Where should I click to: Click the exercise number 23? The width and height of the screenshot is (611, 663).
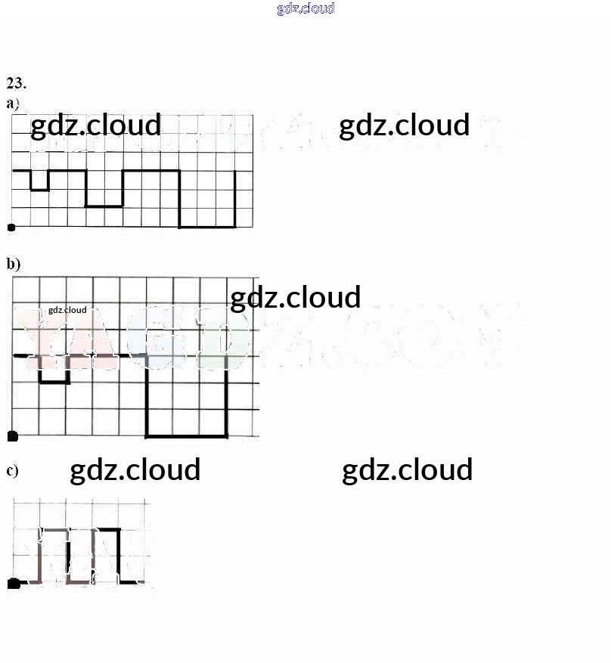(x=16, y=83)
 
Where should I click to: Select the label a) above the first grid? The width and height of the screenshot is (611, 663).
(x=13, y=103)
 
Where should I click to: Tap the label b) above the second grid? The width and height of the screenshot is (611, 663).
(x=13, y=264)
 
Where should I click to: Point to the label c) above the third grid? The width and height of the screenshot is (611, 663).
(x=12, y=471)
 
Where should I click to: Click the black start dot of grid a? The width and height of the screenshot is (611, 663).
(x=11, y=227)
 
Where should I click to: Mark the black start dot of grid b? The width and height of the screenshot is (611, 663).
(x=12, y=436)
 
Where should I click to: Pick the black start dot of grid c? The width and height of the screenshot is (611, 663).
(x=14, y=583)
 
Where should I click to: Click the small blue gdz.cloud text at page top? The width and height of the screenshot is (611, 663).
(x=305, y=8)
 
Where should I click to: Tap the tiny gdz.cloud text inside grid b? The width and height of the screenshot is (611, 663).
(x=67, y=310)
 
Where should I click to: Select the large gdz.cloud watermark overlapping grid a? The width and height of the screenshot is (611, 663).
(x=95, y=125)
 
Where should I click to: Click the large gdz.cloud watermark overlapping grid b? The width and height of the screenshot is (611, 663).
(x=295, y=298)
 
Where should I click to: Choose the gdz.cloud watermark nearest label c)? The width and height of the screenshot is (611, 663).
(x=135, y=469)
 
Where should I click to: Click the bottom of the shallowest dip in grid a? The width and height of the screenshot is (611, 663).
(x=40, y=190)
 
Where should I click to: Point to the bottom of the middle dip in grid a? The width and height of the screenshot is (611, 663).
(x=104, y=206)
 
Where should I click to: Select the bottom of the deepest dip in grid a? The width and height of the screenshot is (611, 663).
(x=207, y=226)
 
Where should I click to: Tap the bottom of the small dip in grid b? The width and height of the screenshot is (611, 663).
(x=54, y=383)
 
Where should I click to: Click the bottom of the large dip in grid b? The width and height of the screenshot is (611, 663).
(x=187, y=436)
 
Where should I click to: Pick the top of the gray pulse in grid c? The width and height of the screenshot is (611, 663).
(x=54, y=529)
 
